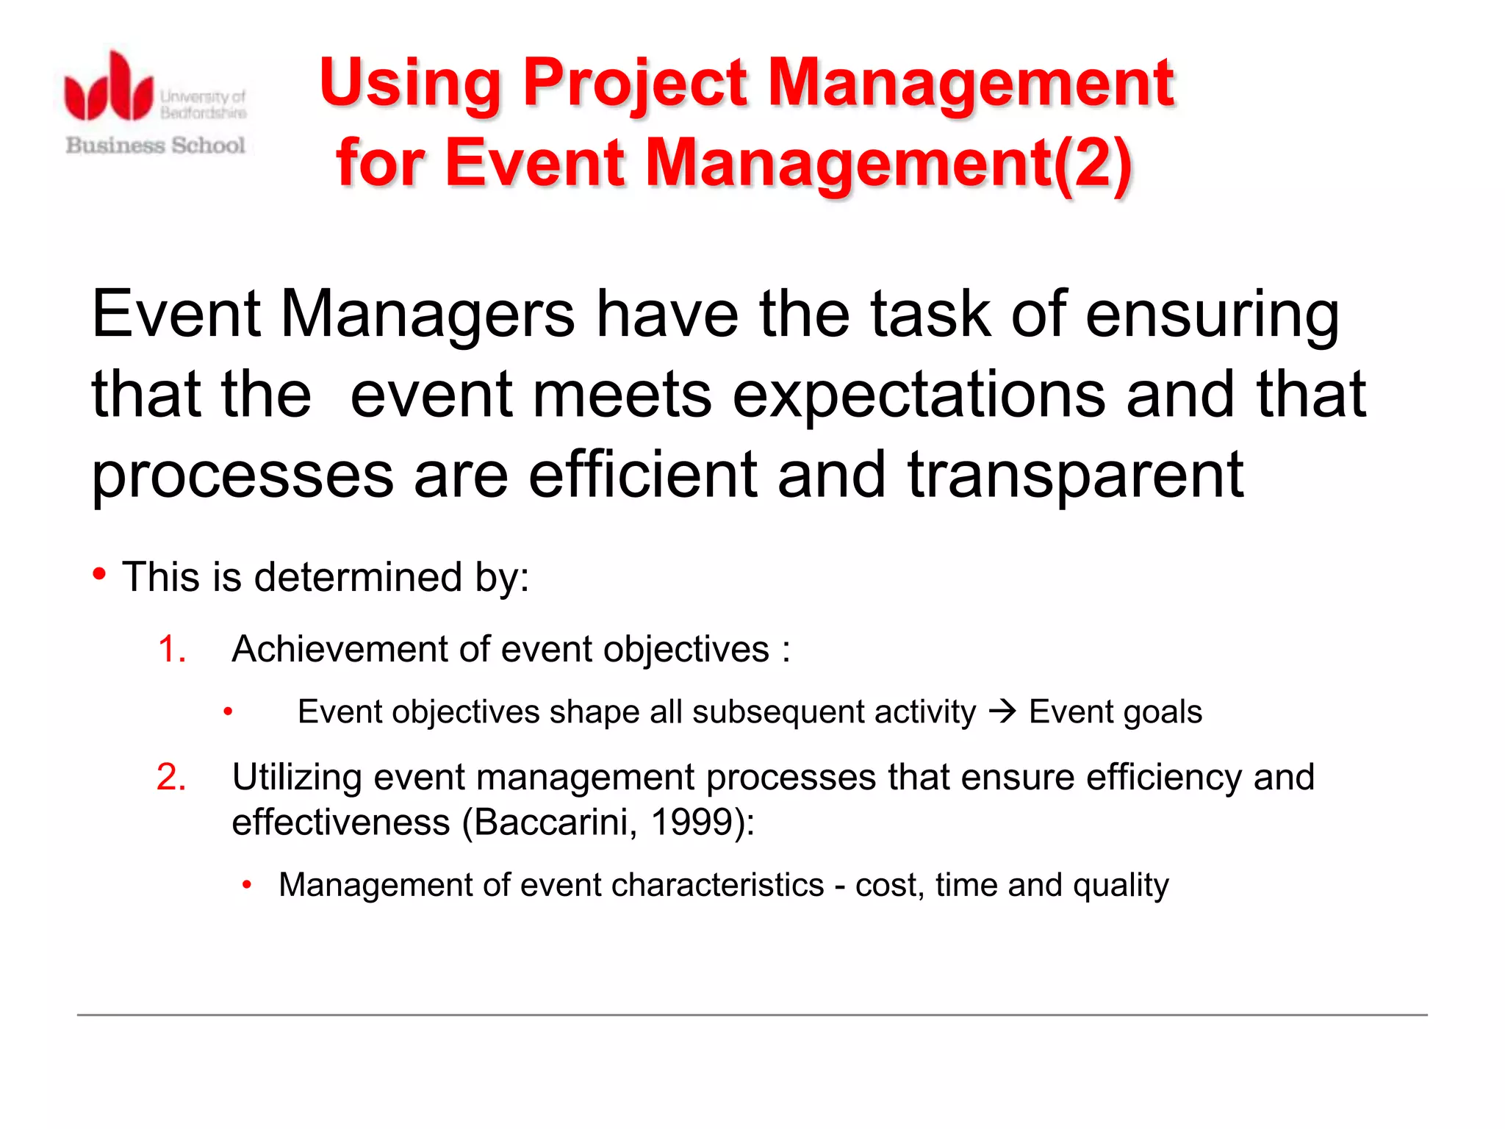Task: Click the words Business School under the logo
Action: (x=155, y=145)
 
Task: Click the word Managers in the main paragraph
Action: (x=427, y=314)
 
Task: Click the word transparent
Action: (x=1075, y=476)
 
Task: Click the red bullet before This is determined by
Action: (x=100, y=573)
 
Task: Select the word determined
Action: (x=358, y=577)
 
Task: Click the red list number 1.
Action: (x=171, y=650)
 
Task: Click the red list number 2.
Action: (x=171, y=777)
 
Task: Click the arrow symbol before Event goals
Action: (x=1002, y=711)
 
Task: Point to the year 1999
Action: (x=692, y=822)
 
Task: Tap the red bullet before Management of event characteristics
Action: (x=247, y=885)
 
